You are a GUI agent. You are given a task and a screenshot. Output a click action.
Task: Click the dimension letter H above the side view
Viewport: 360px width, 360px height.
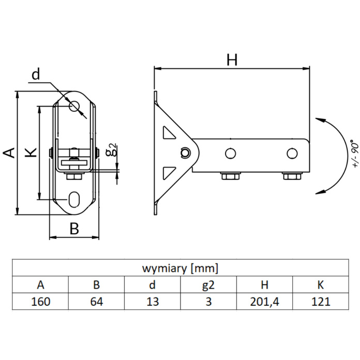click(x=232, y=60)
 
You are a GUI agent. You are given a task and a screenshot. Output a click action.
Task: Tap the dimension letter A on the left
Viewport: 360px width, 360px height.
click(x=9, y=153)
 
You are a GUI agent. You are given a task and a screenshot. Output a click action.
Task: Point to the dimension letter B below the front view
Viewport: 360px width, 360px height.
click(x=74, y=229)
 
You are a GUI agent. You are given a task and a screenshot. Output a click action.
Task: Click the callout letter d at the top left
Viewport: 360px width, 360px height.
click(x=35, y=76)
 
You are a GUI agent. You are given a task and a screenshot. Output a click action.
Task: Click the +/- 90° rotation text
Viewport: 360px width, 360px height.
click(x=353, y=154)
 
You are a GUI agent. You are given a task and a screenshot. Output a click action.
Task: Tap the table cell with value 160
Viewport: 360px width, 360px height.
click(x=40, y=302)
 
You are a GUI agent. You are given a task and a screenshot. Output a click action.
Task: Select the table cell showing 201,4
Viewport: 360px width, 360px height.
click(x=265, y=302)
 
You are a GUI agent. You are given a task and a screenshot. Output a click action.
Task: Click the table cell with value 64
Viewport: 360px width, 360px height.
click(x=96, y=302)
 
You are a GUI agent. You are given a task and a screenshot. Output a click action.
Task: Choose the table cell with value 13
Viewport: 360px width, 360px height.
click(x=153, y=302)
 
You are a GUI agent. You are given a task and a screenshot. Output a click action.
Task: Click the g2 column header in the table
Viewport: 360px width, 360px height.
click(x=208, y=284)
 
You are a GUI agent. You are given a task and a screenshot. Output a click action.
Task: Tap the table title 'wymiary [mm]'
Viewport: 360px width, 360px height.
click(x=179, y=268)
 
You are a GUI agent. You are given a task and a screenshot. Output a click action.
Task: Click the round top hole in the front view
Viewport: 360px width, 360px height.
click(x=74, y=106)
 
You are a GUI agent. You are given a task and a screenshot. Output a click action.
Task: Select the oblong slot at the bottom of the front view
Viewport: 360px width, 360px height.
click(x=74, y=198)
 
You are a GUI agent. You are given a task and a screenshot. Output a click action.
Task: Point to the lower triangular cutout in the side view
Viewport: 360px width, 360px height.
click(x=169, y=172)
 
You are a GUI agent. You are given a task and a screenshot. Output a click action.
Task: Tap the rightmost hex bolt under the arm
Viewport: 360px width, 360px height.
click(x=292, y=176)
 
